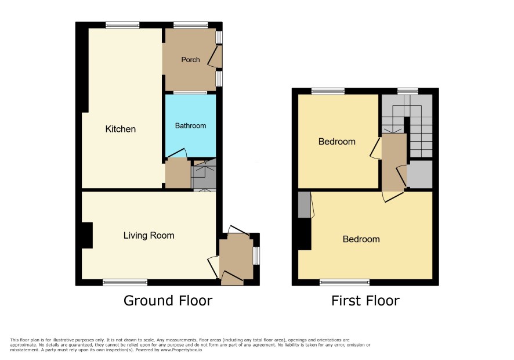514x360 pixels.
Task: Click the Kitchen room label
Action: click(x=120, y=129)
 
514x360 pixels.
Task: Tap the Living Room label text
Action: click(x=149, y=235)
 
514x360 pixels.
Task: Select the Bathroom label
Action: click(x=190, y=125)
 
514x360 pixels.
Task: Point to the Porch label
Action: click(x=190, y=59)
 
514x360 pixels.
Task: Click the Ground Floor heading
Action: click(x=168, y=301)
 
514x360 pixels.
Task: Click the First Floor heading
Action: click(x=365, y=301)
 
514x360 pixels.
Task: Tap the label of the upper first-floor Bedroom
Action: click(x=337, y=142)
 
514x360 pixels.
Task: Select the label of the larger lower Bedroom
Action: click(x=361, y=239)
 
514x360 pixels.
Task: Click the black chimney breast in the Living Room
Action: click(x=87, y=235)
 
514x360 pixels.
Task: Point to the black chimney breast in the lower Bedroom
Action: click(x=305, y=234)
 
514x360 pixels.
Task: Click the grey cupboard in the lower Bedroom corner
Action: click(x=304, y=204)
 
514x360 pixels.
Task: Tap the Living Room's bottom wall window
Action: click(x=125, y=282)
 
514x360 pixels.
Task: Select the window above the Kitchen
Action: click(x=122, y=26)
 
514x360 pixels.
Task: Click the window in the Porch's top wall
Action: click(x=190, y=26)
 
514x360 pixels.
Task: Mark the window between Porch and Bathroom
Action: click(x=190, y=93)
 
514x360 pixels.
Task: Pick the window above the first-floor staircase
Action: click(x=408, y=91)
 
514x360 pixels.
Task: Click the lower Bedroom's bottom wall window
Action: click(x=345, y=282)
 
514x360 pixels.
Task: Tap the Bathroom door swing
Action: click(x=177, y=153)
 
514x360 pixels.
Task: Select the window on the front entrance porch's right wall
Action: click(x=256, y=255)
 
